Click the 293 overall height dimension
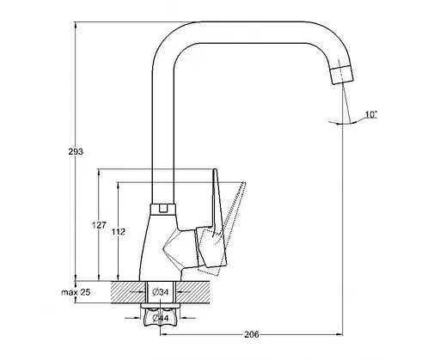pos(76,151)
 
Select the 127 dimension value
pos(99,225)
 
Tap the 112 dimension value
pos(119,231)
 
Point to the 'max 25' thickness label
pos(76,292)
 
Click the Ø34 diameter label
pos(161,292)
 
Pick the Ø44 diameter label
pos(161,318)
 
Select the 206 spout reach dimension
pos(252,334)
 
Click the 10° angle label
pos(370,114)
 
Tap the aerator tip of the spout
pos(342,75)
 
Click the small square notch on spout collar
pos(163,208)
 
